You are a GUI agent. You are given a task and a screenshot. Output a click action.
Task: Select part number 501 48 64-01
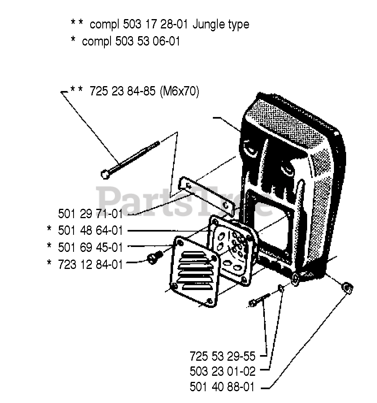90,231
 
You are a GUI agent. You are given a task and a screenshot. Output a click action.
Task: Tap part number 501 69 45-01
90,247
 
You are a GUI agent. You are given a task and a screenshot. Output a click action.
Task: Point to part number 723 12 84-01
90,264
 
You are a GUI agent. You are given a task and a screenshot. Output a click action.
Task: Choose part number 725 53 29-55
222,357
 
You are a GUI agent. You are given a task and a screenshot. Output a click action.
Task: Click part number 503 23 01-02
222,372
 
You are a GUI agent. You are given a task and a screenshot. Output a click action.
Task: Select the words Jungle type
221,24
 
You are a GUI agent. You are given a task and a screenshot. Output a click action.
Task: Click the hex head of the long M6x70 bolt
104,174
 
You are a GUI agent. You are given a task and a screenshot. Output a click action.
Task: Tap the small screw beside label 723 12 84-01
155,258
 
